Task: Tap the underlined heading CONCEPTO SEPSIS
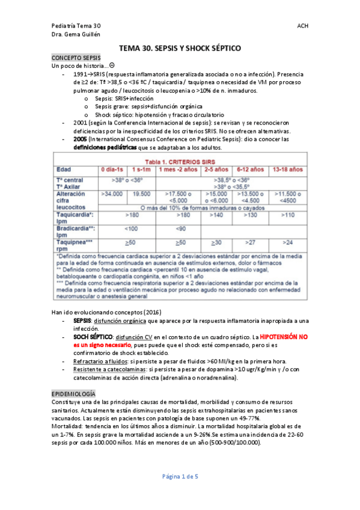(76, 57)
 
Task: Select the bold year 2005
(81, 139)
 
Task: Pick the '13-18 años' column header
(287, 170)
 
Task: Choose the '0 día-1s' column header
(112, 170)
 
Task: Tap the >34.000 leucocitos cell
(112, 194)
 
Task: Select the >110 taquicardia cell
(287, 214)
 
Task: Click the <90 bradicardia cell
(180, 229)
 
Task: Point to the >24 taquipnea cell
(287, 242)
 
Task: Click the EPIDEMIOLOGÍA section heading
(75, 392)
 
